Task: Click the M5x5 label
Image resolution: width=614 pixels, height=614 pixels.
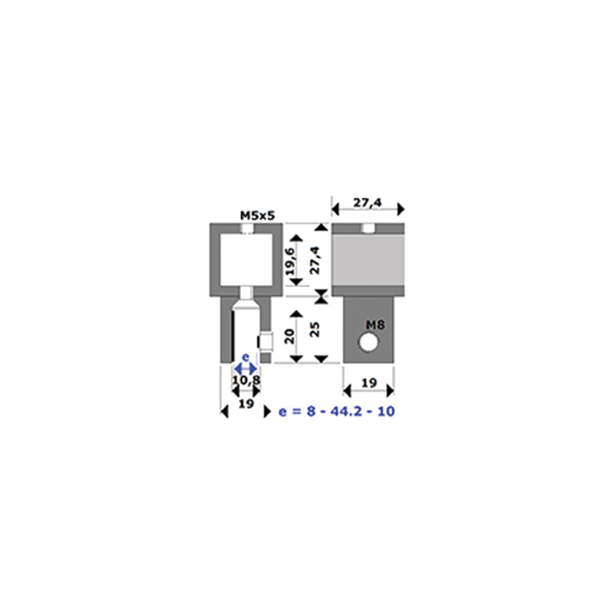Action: point(257,216)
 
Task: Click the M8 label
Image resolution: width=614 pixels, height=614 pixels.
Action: point(375,325)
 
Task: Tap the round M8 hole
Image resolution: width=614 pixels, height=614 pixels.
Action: point(368,342)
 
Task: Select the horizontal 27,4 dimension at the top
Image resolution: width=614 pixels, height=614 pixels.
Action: point(368,203)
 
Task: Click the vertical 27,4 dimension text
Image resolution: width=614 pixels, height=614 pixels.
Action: point(315,260)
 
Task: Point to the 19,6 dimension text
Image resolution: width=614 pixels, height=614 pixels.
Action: point(291,261)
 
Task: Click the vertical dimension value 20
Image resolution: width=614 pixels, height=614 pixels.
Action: point(289,336)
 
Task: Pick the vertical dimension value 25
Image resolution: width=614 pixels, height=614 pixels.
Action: point(315,329)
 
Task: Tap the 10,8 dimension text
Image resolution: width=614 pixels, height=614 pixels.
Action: point(246,380)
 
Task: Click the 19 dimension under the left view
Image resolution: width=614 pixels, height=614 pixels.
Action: point(246,403)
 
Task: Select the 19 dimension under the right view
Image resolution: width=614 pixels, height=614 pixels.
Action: point(369,382)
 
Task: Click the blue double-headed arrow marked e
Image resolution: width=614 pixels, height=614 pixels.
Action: point(246,368)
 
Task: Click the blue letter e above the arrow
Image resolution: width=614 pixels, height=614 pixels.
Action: point(246,357)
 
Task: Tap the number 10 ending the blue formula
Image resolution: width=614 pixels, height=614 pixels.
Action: point(386,411)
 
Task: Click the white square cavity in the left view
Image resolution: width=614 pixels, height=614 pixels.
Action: point(246,259)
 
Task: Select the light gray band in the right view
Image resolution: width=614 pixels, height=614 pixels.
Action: point(368,260)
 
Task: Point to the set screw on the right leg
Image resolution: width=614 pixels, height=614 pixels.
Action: point(265,342)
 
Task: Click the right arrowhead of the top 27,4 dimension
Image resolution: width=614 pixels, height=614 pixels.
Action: point(401,209)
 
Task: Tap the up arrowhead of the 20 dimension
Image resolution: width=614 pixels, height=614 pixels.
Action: point(296,313)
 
